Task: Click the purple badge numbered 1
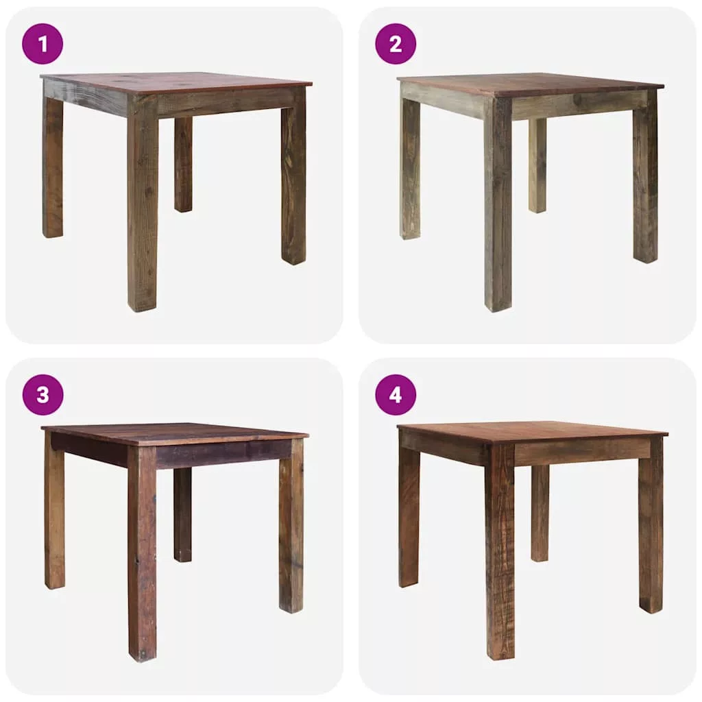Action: [43, 44]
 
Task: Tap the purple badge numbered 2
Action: [396, 44]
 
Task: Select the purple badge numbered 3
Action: [43, 395]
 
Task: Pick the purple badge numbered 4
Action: [396, 395]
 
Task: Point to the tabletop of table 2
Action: [530, 85]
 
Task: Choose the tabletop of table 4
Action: [533, 433]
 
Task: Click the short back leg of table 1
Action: [183, 165]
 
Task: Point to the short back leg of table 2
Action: [537, 165]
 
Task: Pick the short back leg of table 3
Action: [182, 514]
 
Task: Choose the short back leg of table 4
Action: [540, 513]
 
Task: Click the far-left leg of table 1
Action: [52, 166]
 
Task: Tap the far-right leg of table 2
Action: [646, 176]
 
